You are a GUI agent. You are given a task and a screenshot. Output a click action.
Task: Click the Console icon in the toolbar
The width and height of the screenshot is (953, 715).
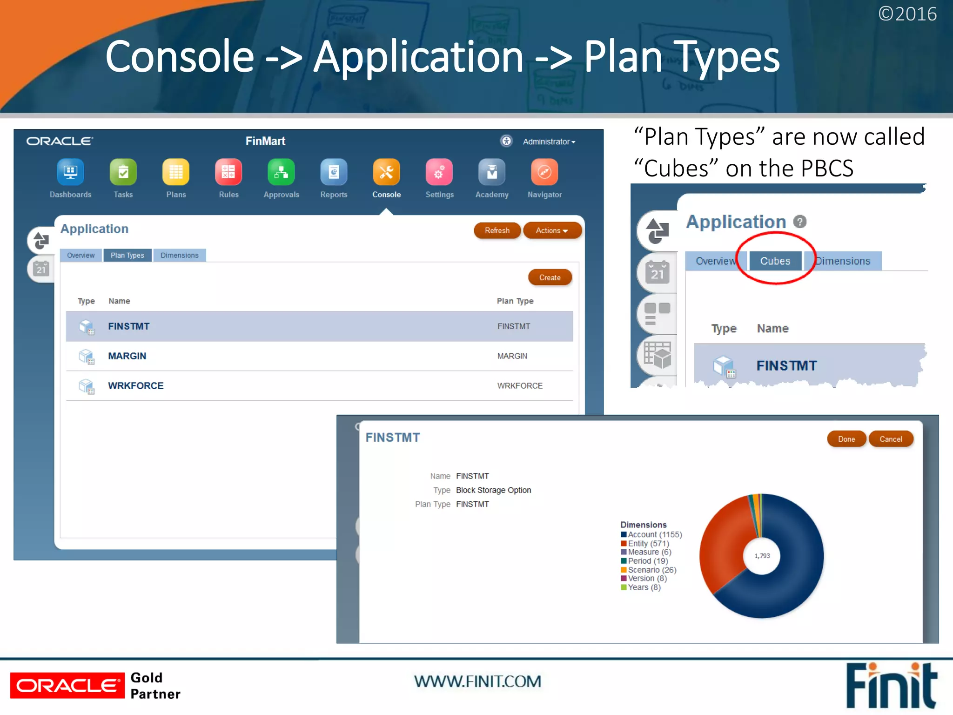pyautogui.click(x=386, y=172)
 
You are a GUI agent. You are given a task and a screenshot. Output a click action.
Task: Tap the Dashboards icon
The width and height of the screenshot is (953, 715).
pyautogui.click(x=70, y=172)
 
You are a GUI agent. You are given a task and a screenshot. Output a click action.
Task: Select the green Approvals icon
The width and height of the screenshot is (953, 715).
pyautogui.click(x=281, y=172)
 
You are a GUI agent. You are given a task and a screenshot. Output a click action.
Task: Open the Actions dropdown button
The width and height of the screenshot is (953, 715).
pyautogui.click(x=552, y=230)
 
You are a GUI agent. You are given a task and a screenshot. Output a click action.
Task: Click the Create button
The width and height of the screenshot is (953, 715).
pyautogui.click(x=550, y=277)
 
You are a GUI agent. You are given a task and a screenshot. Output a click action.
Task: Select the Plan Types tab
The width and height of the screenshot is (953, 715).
pyautogui.click(x=128, y=255)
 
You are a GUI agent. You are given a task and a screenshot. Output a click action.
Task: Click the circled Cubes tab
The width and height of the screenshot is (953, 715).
pyautogui.click(x=775, y=261)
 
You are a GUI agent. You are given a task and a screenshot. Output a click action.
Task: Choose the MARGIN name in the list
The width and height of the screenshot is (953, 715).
pyautogui.click(x=127, y=356)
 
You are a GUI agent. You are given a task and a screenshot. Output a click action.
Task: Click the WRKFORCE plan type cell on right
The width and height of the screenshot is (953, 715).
pyautogui.click(x=520, y=385)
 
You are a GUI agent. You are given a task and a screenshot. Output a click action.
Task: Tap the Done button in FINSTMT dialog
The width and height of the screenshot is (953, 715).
pyautogui.click(x=846, y=439)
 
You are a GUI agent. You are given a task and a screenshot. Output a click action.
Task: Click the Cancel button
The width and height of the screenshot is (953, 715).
pyautogui.click(x=890, y=439)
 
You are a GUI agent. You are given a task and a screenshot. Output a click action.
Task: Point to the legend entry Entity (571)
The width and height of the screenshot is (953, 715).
pyautogui.click(x=648, y=543)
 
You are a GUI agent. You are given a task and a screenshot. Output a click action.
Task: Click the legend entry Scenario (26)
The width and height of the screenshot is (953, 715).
pyautogui.click(x=651, y=570)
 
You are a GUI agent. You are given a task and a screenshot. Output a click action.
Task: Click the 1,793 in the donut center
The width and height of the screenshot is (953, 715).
pyautogui.click(x=762, y=556)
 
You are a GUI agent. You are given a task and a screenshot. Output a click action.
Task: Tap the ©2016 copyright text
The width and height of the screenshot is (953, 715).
pyautogui.click(x=907, y=14)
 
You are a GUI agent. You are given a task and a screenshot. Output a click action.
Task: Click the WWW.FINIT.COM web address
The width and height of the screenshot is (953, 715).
pyautogui.click(x=477, y=681)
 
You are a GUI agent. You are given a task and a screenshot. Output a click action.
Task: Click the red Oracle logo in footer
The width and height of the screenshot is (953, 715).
pyautogui.click(x=67, y=685)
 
